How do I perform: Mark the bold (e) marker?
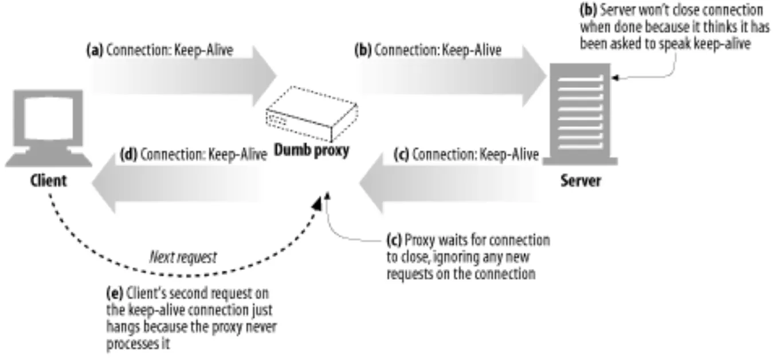113,294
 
